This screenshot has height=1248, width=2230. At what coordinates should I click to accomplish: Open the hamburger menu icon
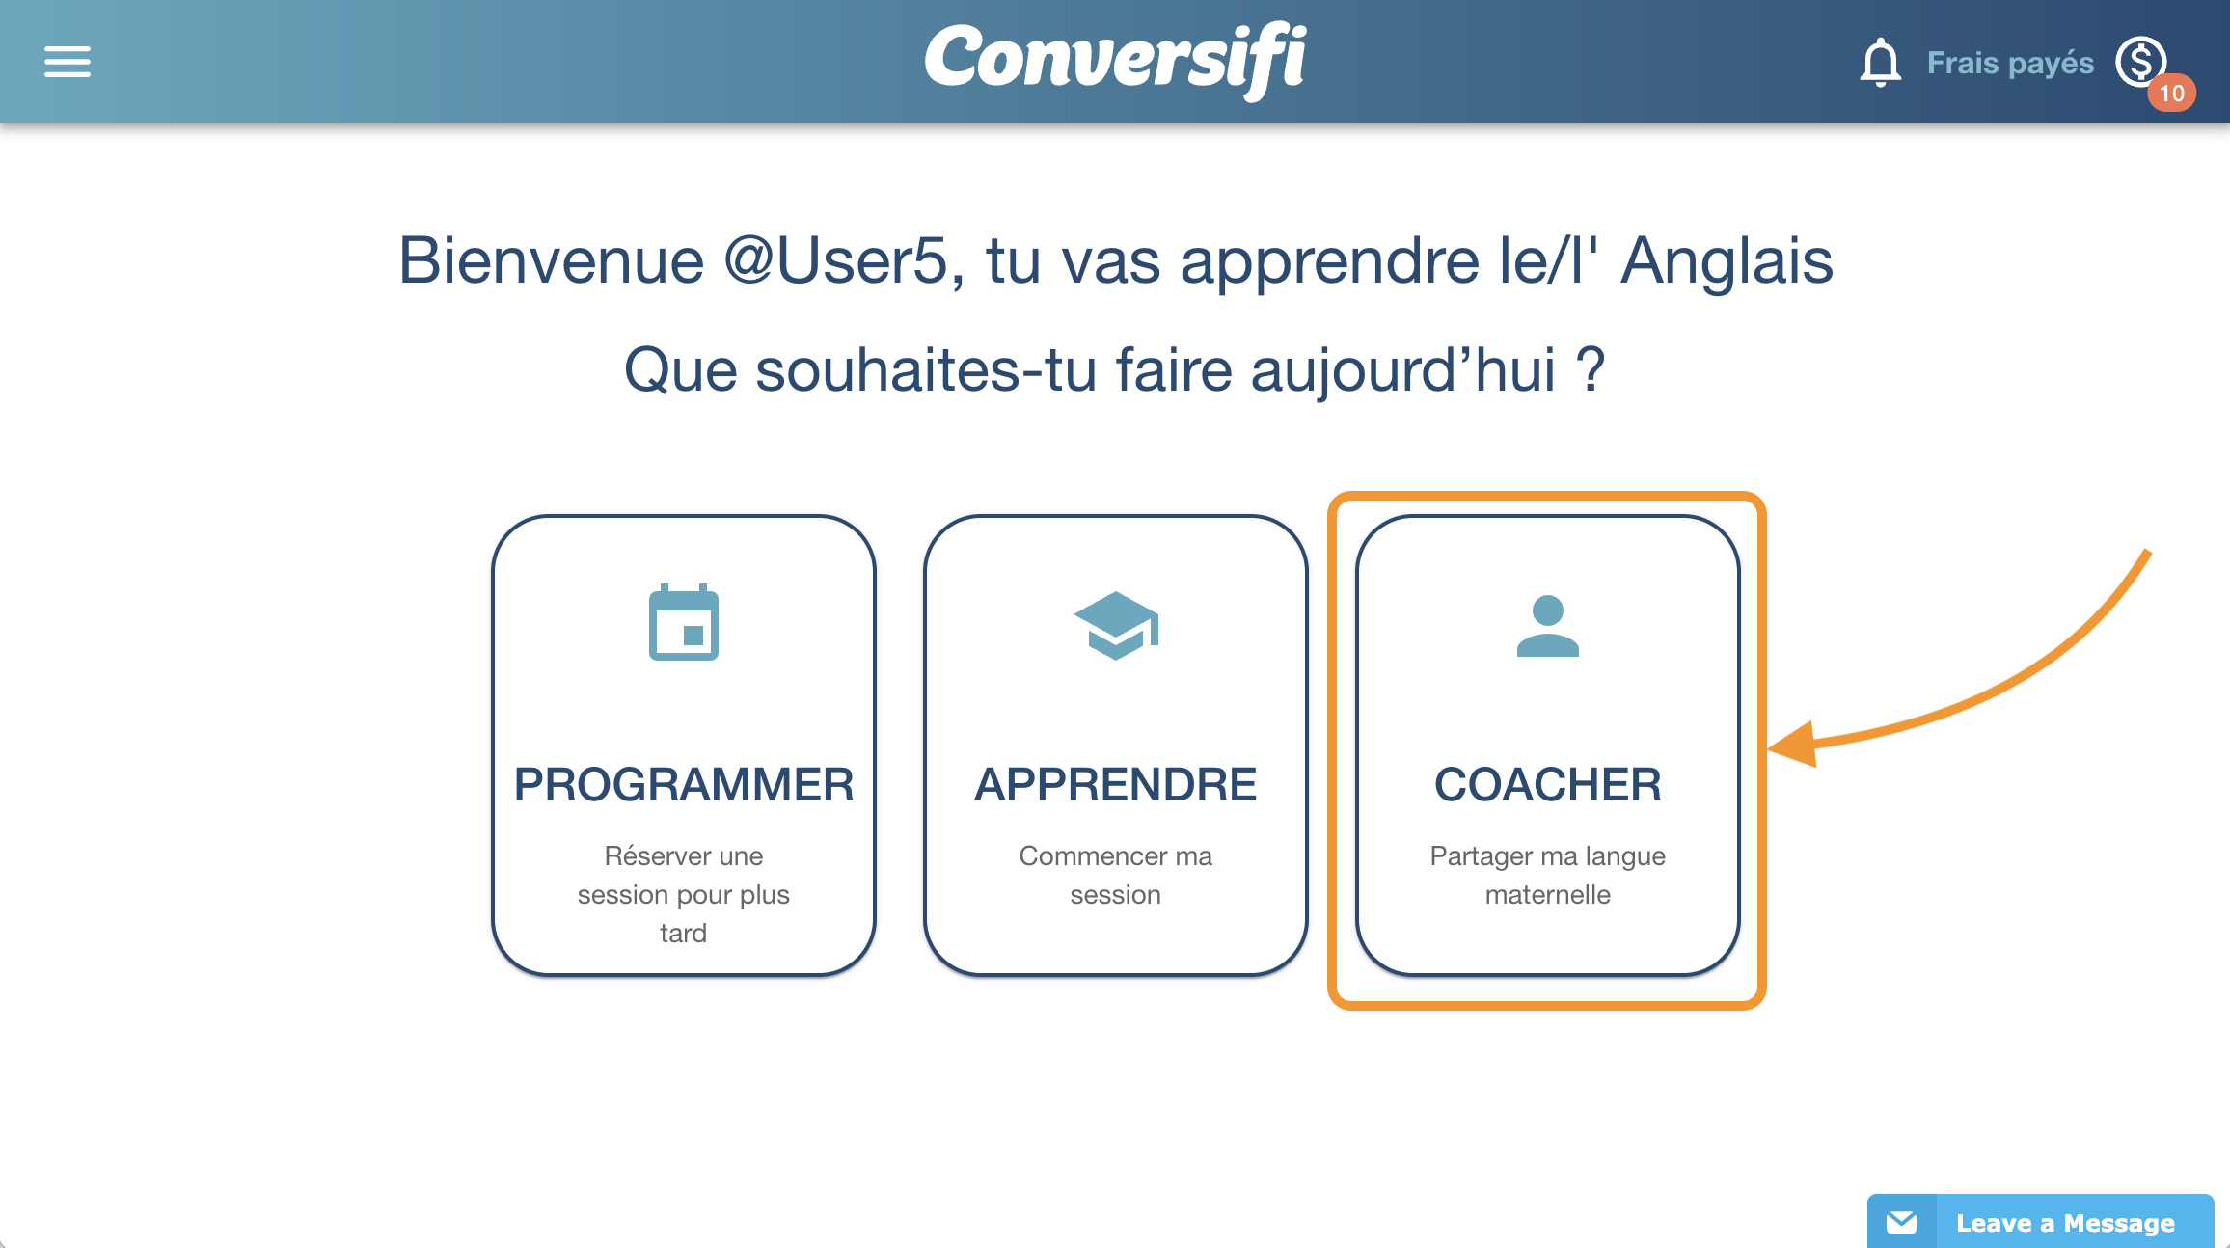[x=68, y=62]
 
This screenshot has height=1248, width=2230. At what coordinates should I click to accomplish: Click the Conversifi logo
[x=1115, y=61]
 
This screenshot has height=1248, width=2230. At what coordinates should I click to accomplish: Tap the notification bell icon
[x=1880, y=63]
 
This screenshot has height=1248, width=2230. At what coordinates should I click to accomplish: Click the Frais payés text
[x=2010, y=63]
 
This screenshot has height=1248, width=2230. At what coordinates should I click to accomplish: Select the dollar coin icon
[x=2140, y=62]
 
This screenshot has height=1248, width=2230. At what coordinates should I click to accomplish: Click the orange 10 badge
[x=2171, y=93]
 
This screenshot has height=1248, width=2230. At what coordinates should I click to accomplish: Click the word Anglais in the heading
[x=1727, y=260]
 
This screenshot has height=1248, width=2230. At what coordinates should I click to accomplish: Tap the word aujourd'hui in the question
[x=1403, y=370]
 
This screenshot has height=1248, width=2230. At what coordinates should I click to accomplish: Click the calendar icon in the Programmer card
[x=684, y=622]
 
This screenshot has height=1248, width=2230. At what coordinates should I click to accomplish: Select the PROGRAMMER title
[x=684, y=784]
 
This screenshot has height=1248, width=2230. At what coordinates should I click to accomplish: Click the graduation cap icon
[x=1116, y=625]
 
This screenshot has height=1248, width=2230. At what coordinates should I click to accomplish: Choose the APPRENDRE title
[x=1116, y=784]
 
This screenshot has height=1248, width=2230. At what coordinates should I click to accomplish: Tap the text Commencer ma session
[x=1116, y=875]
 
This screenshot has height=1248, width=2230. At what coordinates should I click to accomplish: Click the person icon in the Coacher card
[x=1548, y=626]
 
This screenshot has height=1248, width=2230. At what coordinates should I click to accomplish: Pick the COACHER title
[x=1548, y=784]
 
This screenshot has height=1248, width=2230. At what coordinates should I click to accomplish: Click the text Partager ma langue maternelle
[x=1548, y=875]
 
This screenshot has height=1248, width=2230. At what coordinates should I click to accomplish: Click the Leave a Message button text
[x=2065, y=1223]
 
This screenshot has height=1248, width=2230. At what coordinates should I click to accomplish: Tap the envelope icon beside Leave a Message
[x=1901, y=1223]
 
